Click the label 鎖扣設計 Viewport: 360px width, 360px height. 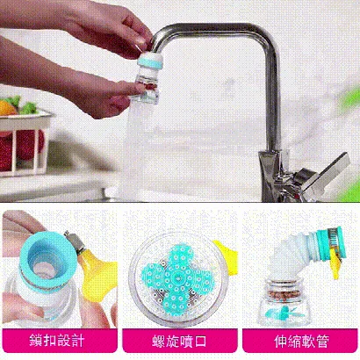click(59, 340)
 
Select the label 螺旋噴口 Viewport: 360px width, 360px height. click(180, 340)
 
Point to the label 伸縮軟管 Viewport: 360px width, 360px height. click(299, 340)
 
